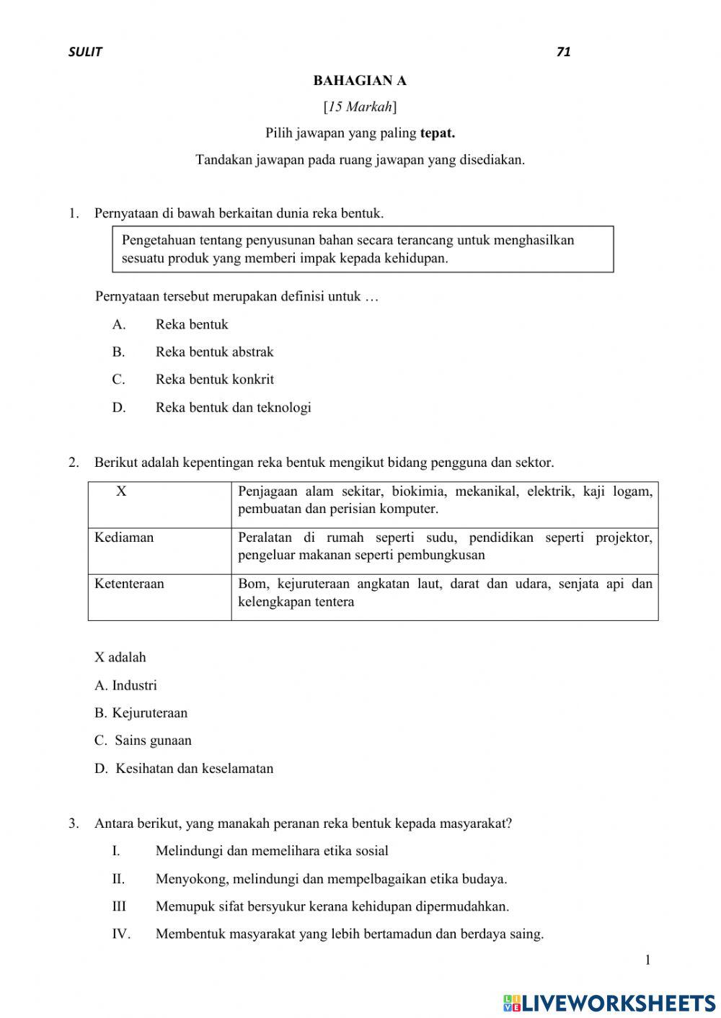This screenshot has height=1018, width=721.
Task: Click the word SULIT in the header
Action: point(85,52)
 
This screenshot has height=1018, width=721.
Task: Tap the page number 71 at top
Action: point(563,52)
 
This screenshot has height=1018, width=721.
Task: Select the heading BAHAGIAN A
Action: point(360,81)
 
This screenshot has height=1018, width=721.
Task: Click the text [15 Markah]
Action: point(360,107)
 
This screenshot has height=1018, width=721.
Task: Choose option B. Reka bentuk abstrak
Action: point(214,352)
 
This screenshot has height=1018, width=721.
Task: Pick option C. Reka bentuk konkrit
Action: point(214,380)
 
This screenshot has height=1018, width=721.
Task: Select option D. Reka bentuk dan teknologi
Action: point(233,408)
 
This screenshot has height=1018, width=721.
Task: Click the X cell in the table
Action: point(121,492)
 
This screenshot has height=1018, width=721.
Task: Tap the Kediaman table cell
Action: point(124,537)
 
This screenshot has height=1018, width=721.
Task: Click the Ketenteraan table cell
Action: point(129,584)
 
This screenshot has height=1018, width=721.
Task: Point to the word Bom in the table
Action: point(251,584)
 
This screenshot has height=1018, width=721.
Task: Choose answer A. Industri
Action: point(125,686)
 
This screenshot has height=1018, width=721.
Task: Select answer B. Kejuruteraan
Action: point(141,713)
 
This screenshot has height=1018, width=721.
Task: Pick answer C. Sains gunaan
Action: point(143,741)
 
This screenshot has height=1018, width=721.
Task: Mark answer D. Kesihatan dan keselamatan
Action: point(184,769)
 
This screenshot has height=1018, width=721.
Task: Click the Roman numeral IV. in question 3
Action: point(120,934)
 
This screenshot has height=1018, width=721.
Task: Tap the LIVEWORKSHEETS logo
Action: point(609,1003)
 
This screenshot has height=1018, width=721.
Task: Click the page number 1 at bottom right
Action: point(647,960)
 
